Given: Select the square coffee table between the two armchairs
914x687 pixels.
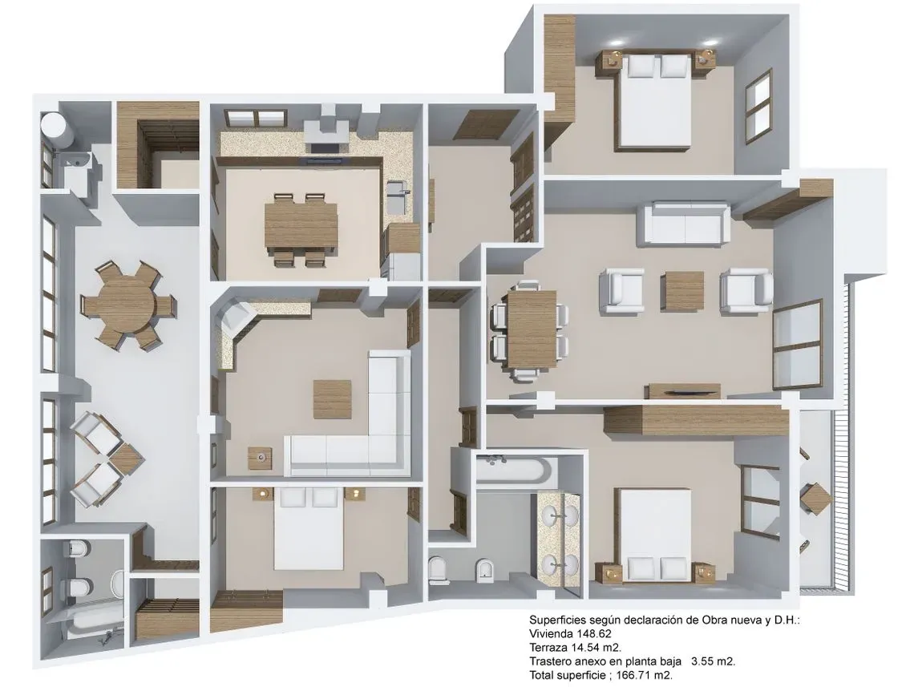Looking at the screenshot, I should [683, 291].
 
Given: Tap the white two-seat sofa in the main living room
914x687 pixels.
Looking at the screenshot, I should [684, 223].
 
